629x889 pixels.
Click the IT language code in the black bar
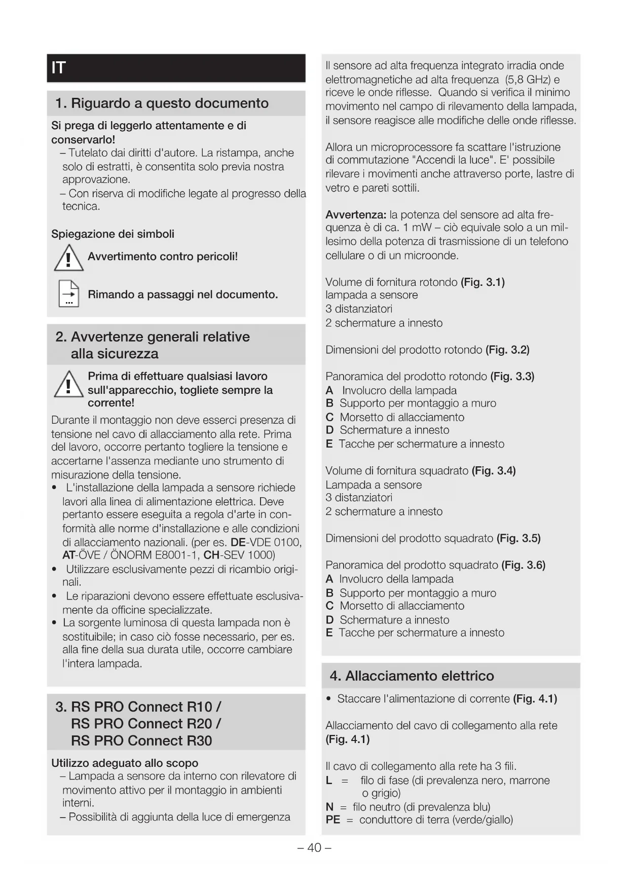click(59, 68)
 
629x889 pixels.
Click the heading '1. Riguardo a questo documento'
click(162, 103)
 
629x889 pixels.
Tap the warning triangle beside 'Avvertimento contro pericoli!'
click(68, 258)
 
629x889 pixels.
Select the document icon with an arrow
click(69, 294)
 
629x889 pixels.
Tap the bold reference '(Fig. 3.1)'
click(483, 282)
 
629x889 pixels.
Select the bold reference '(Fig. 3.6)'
click(523, 565)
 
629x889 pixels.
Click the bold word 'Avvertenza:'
click(356, 214)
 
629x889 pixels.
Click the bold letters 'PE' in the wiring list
click(333, 820)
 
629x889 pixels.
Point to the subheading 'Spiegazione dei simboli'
click(113, 234)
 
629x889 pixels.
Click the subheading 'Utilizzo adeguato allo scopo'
click(125, 763)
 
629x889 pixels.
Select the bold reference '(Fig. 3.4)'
click(494, 471)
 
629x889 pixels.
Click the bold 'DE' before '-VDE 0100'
click(238, 542)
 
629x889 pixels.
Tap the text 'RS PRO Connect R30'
click(141, 740)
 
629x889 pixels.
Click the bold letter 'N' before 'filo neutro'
click(329, 807)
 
